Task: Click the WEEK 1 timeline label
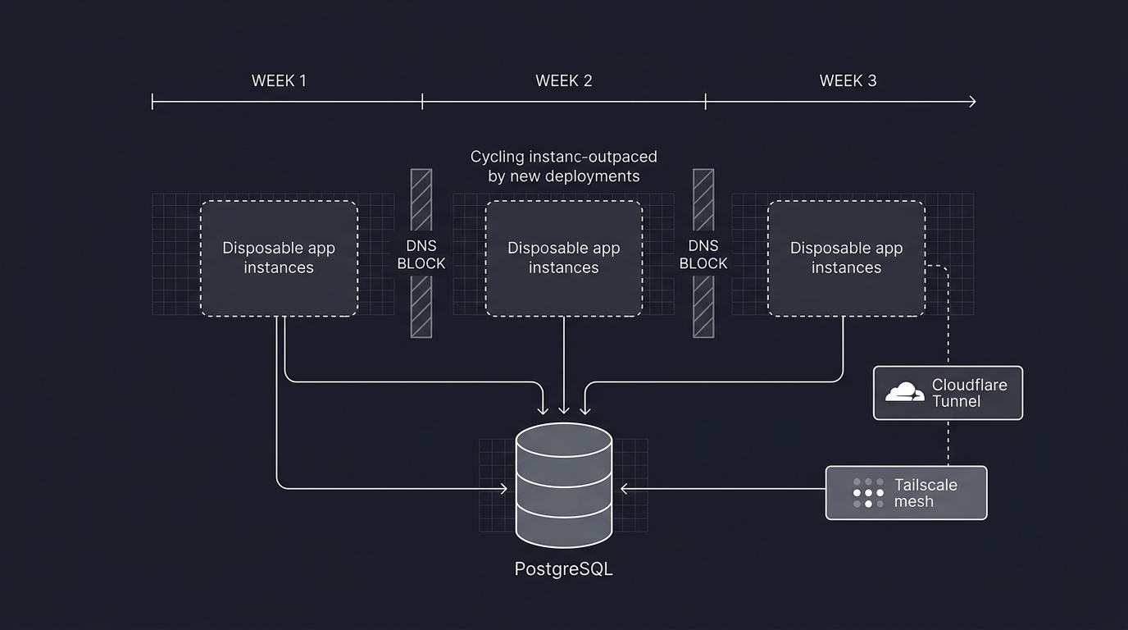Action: pos(279,80)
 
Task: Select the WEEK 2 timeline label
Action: pos(563,80)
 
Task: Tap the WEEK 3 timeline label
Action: pos(848,80)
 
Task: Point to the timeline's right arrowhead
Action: pos(972,102)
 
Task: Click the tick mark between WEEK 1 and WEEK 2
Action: pos(422,102)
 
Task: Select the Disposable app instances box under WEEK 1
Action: pos(279,258)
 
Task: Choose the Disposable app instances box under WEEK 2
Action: pos(563,258)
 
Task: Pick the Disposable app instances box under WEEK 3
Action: pos(846,258)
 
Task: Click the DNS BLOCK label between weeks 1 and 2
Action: pos(421,254)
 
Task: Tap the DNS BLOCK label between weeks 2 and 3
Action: pos(703,254)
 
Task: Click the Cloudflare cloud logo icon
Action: pos(904,393)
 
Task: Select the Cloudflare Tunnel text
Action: pos(969,393)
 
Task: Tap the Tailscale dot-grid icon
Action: pos(868,493)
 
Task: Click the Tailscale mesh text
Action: pos(926,493)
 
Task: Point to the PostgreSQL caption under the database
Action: pos(563,568)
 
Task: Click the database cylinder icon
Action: pos(563,484)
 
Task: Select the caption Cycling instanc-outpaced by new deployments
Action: pos(563,166)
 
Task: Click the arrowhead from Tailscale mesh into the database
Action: pos(624,489)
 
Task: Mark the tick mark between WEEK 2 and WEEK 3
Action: pos(706,102)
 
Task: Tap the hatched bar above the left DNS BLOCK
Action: pos(421,199)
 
